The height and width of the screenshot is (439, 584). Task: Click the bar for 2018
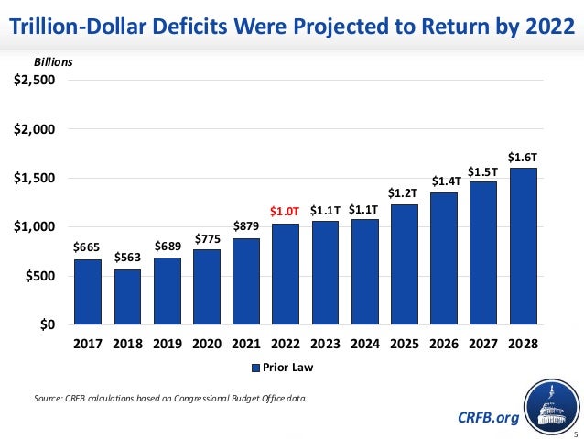point(126,297)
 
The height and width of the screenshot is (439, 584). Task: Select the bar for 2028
point(523,246)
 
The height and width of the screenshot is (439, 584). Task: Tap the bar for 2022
point(285,274)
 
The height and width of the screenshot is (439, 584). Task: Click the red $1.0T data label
point(285,211)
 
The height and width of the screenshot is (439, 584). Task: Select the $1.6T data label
point(523,157)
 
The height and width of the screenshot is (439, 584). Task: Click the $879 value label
point(245,225)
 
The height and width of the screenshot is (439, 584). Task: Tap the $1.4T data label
point(444,181)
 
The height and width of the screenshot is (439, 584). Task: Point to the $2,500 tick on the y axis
point(34,80)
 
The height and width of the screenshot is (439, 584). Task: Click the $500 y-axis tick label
point(40,276)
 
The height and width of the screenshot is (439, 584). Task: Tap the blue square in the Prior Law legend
point(256,368)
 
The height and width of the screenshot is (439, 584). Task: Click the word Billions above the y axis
point(53,62)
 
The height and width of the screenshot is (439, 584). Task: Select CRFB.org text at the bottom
point(487,418)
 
